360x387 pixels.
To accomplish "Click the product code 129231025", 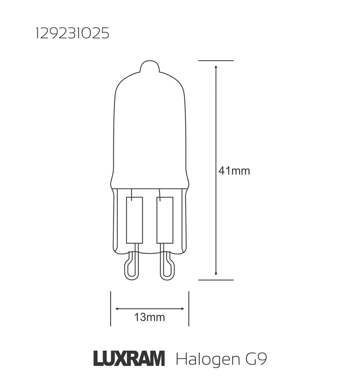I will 72,35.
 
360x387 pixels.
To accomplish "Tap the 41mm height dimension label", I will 234,171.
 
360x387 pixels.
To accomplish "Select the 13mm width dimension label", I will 149,318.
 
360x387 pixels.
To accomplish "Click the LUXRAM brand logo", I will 129,360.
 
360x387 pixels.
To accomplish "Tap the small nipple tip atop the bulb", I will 149,67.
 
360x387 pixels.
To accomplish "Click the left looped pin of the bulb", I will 131,269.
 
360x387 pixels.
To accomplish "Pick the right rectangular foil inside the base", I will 165,220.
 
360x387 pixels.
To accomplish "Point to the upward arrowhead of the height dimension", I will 216,67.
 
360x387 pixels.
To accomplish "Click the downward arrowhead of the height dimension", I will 216,273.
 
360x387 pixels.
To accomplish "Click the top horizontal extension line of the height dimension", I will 216,60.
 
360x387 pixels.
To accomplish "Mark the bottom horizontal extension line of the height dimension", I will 216,280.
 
